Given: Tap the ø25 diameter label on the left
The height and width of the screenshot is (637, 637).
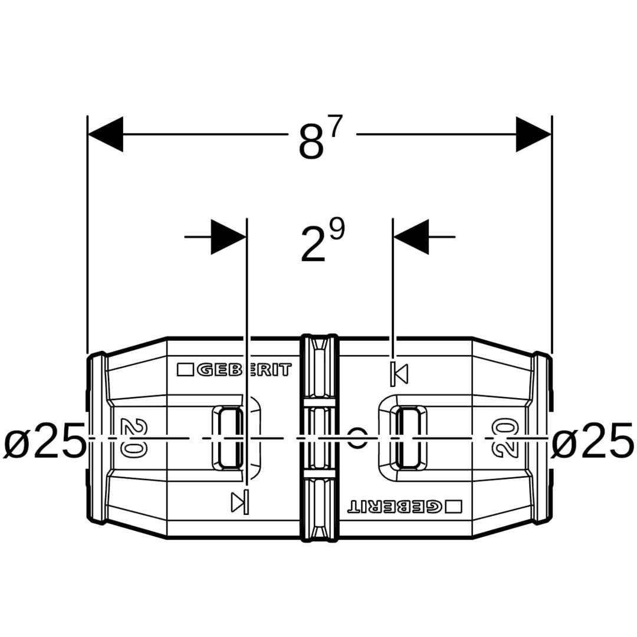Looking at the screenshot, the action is click(x=45, y=439).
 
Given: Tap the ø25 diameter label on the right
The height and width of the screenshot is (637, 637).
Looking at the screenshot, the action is click(x=593, y=439).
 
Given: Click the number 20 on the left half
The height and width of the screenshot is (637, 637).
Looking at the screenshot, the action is click(x=134, y=438).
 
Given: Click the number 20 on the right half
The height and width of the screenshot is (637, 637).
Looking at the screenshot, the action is click(x=504, y=438).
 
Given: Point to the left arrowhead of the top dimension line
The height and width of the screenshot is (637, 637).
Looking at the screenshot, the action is click(x=105, y=134).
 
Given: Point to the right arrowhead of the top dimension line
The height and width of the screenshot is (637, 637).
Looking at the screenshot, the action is click(x=534, y=134).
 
